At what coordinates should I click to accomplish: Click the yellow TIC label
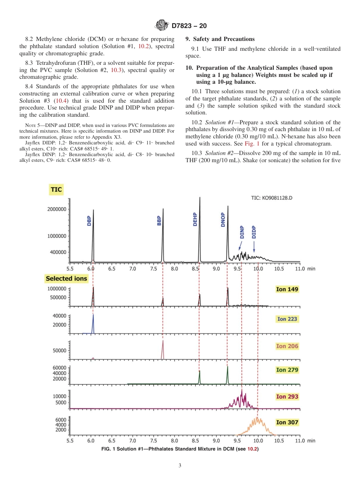(x=56, y=189)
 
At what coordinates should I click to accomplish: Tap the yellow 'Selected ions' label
(x=66, y=279)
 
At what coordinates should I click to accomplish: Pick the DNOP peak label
(x=223, y=219)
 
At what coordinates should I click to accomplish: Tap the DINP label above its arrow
(x=242, y=232)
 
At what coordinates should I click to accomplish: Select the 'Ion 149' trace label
(x=287, y=290)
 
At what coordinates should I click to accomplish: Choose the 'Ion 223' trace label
(x=287, y=319)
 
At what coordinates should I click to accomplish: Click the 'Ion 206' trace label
(x=287, y=346)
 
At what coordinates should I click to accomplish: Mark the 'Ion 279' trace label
(x=287, y=370)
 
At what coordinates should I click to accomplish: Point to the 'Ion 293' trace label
(x=287, y=397)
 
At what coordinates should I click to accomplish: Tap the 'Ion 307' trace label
(x=287, y=422)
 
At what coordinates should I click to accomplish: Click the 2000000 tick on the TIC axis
(x=56, y=209)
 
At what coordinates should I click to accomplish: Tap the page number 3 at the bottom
(x=180, y=466)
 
